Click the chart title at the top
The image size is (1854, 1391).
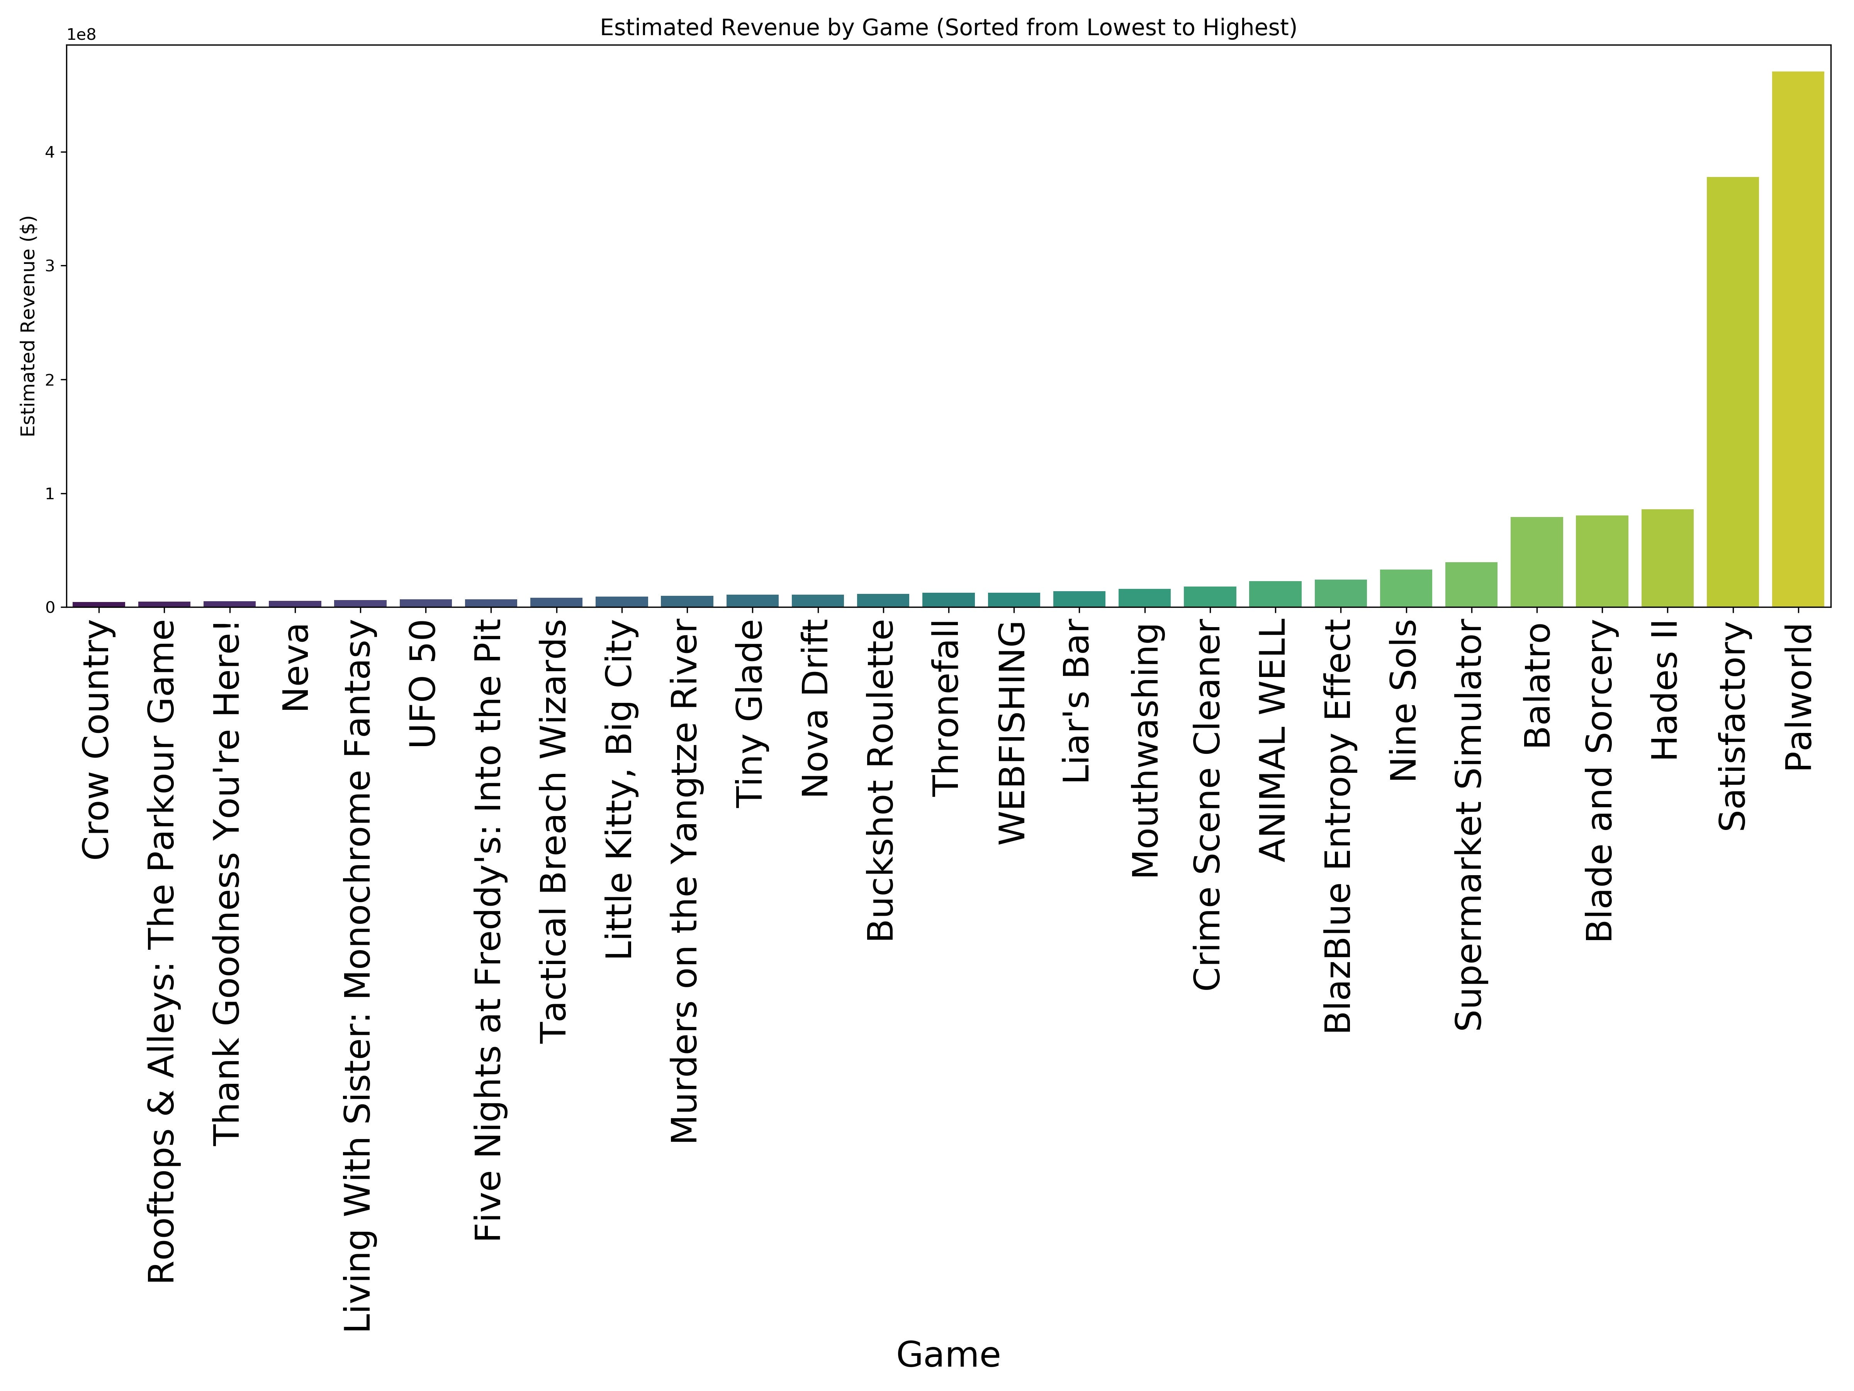tap(948, 28)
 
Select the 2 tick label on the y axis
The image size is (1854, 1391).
tap(50, 380)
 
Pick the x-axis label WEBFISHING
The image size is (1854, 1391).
tap(1012, 732)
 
